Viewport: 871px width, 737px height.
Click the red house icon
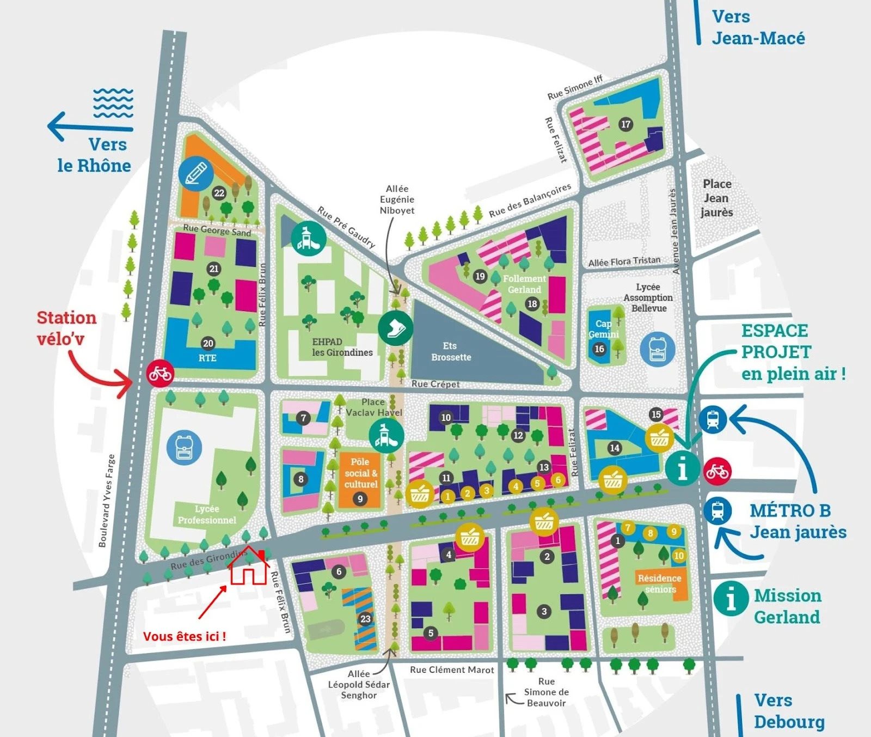coord(248,568)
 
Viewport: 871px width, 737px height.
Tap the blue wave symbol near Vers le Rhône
coord(113,103)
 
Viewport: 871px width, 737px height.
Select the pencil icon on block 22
coord(196,173)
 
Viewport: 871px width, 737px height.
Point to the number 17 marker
coord(626,124)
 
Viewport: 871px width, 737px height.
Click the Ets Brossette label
coord(451,351)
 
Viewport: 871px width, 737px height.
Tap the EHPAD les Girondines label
coord(342,347)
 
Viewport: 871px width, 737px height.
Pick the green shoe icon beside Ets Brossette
coord(396,328)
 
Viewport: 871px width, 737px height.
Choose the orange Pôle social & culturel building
coord(360,479)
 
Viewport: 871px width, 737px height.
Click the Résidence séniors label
coord(660,583)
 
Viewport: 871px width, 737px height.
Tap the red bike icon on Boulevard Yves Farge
coord(160,373)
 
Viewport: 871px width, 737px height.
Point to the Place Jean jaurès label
coord(717,198)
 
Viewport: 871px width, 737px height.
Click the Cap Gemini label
coord(603,329)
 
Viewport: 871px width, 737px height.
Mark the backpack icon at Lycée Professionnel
coord(185,448)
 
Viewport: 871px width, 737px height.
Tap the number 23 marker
coord(365,619)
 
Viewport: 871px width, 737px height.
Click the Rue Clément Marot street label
coord(452,670)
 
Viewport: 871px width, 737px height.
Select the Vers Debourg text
coord(788,711)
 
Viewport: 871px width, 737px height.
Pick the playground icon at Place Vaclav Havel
coord(387,436)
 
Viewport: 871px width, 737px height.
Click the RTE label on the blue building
coord(207,358)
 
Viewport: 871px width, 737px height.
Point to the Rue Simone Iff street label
coord(575,88)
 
